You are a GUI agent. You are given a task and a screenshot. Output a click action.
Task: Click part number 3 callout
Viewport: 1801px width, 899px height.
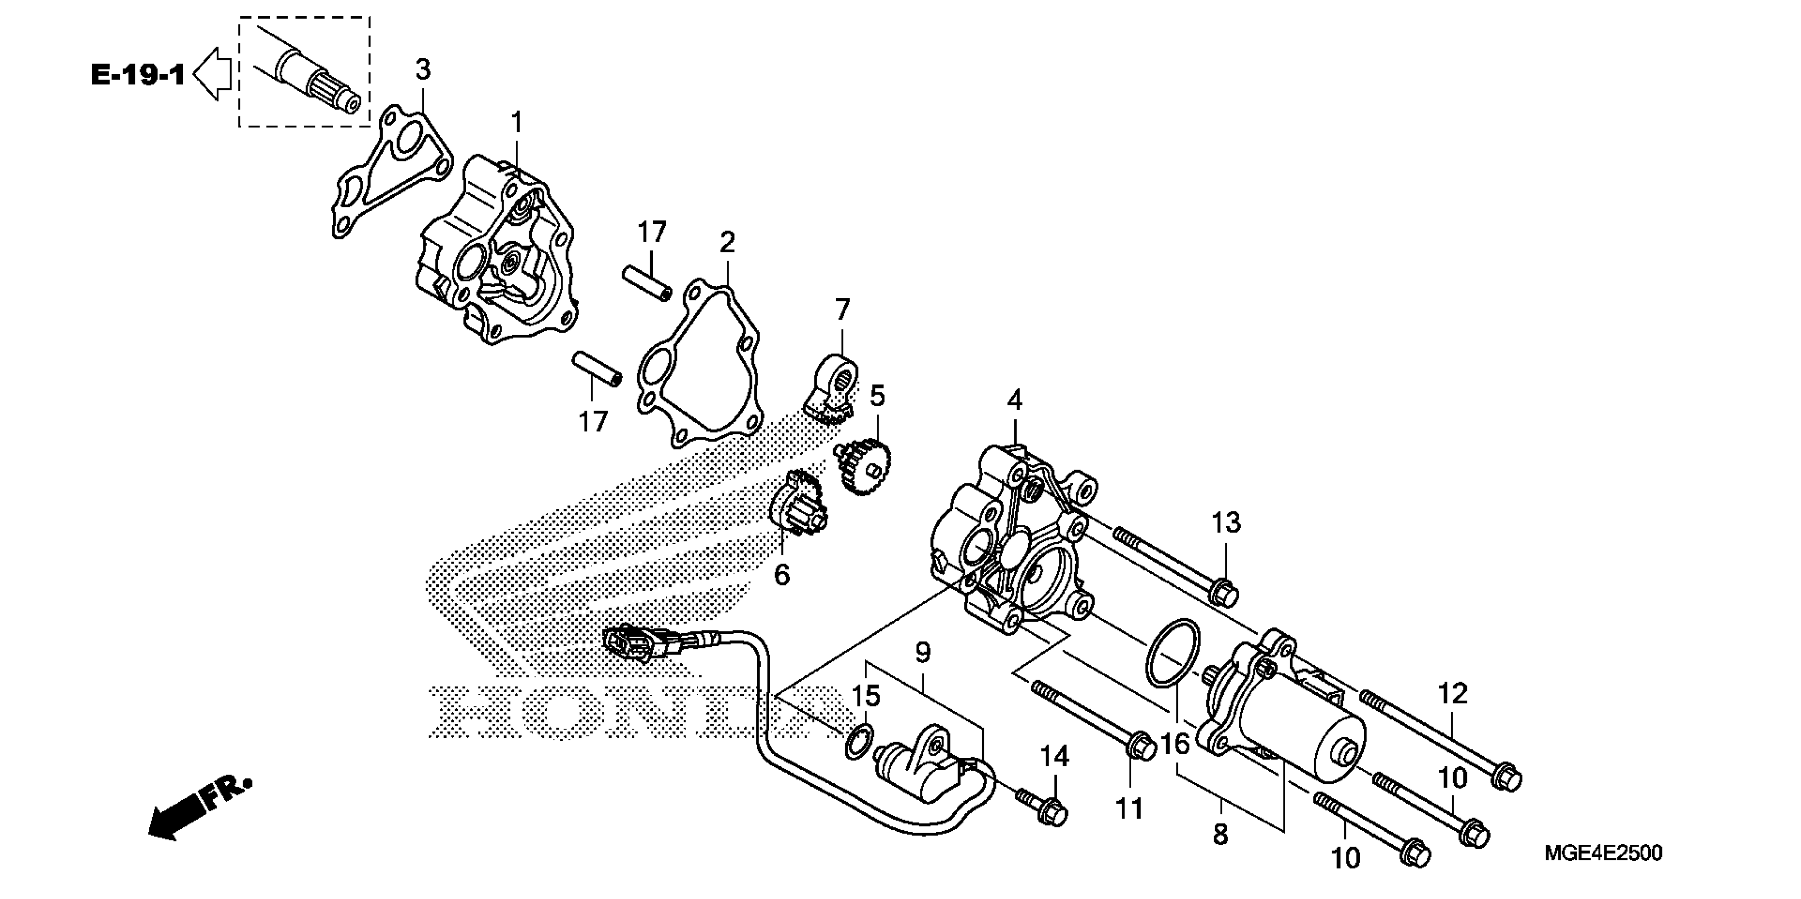(423, 70)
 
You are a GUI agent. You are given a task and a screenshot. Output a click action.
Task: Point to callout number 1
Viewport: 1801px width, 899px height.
(516, 123)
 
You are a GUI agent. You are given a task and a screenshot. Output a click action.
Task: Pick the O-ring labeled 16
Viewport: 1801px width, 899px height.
(1172, 653)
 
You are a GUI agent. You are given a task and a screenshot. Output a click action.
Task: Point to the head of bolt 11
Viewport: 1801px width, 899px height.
(1142, 747)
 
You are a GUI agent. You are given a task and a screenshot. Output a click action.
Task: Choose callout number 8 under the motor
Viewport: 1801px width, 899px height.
(1220, 834)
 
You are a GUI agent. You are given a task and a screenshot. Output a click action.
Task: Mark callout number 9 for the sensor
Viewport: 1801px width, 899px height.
(923, 654)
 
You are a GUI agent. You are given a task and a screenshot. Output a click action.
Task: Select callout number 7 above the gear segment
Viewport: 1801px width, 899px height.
(843, 310)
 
